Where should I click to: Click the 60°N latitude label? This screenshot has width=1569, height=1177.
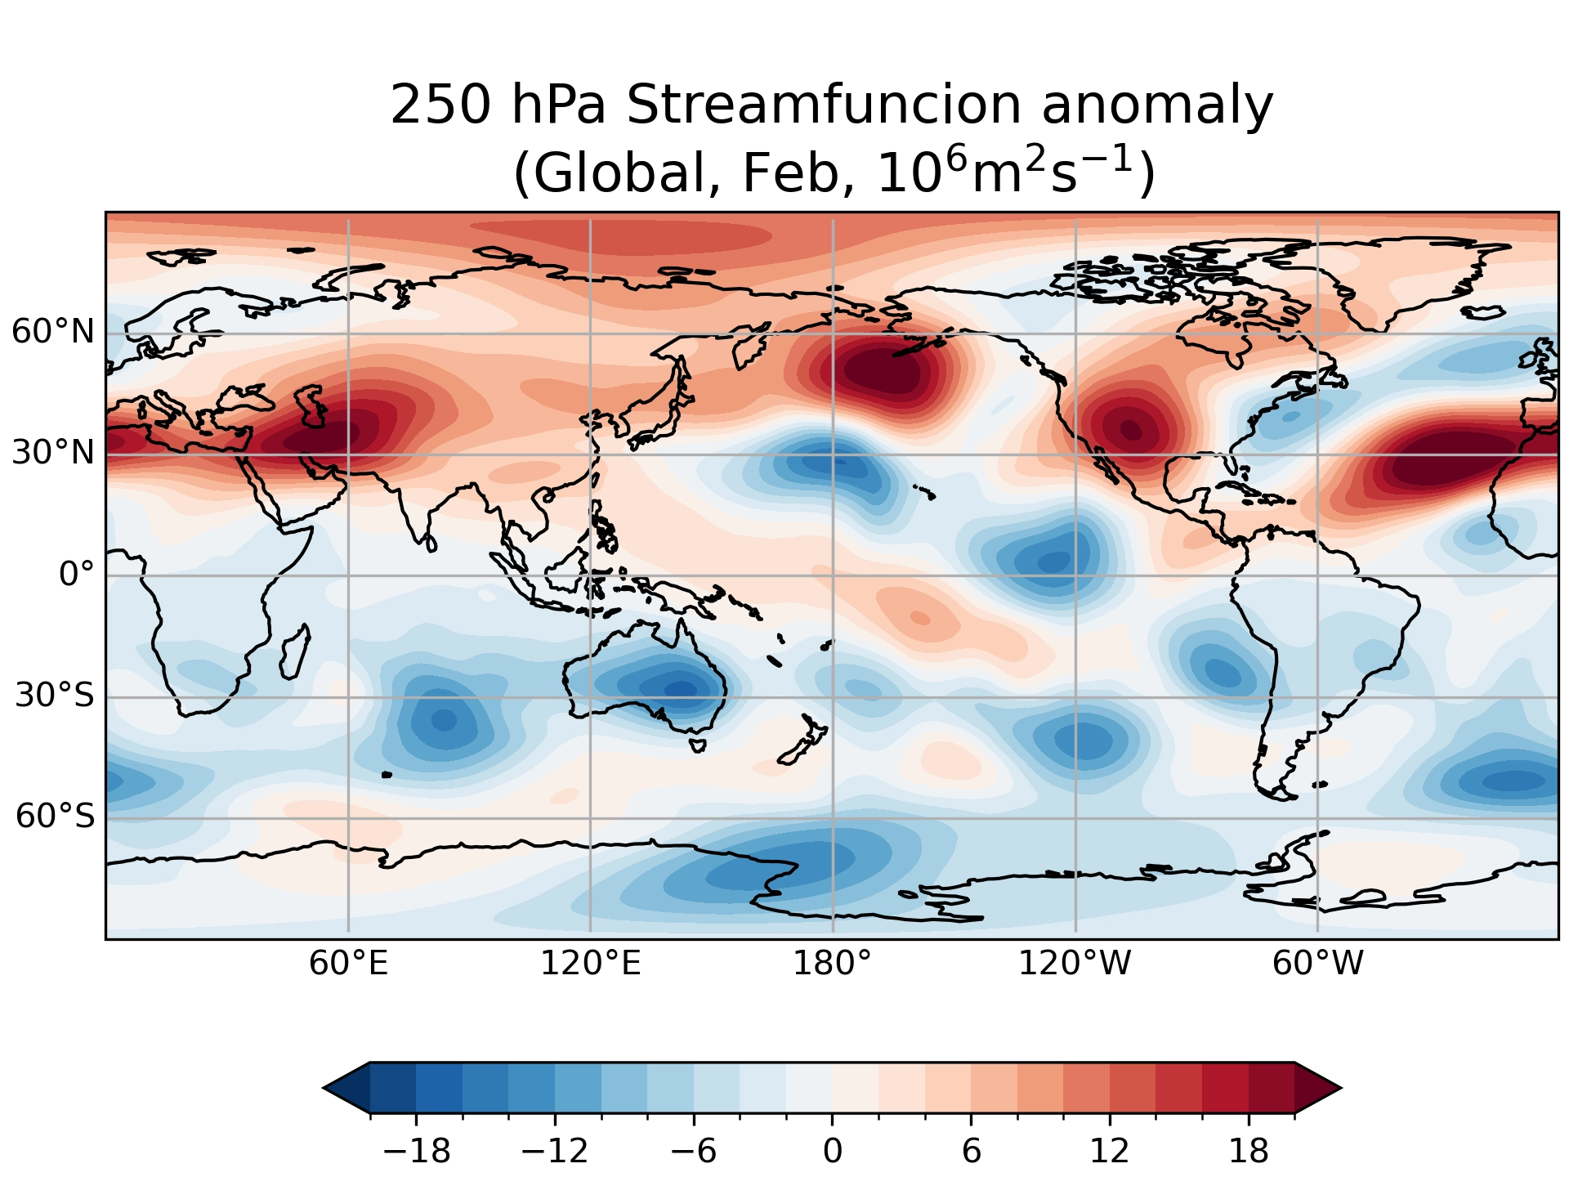click(53, 332)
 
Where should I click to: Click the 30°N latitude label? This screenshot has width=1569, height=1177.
click(53, 452)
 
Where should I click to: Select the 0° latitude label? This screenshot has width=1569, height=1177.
click(77, 575)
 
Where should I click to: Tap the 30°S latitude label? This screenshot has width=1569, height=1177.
click(55, 696)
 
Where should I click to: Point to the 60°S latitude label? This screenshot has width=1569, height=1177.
click(55, 816)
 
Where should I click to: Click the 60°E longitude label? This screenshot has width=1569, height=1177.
click(348, 964)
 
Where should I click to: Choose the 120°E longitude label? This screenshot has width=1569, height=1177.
click(590, 964)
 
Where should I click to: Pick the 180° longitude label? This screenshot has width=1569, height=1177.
click(832, 964)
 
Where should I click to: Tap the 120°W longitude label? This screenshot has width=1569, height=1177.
click(1074, 964)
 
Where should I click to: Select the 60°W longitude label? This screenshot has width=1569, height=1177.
click(1317, 964)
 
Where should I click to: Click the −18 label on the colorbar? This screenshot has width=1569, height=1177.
click(417, 1152)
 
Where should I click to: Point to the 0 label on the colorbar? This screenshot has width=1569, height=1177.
click(832, 1152)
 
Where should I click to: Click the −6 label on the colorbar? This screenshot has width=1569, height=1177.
click(694, 1152)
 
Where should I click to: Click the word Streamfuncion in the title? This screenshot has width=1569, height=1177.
click(824, 105)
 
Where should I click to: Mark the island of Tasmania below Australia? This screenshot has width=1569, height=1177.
click(697, 745)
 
